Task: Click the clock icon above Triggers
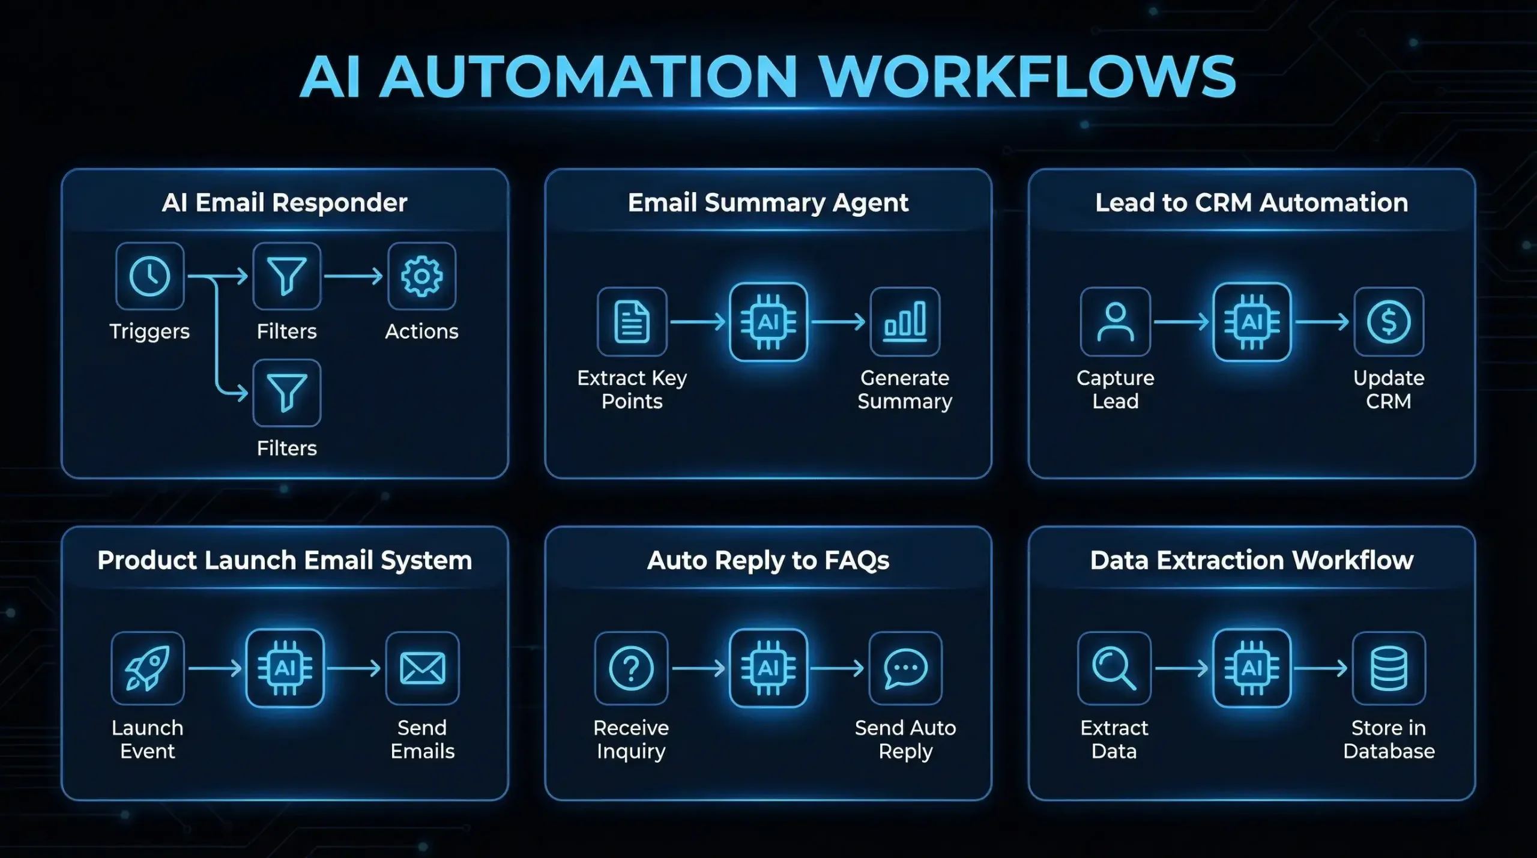tap(149, 276)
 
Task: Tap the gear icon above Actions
tap(421, 276)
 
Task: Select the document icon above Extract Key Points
tap(632, 322)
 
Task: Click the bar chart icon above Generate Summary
tap(905, 322)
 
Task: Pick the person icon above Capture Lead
tap(1115, 322)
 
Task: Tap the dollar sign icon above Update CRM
tap(1388, 322)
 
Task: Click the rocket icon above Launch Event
tap(148, 668)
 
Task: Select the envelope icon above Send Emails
tap(422, 668)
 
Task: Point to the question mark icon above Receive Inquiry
tap(631, 668)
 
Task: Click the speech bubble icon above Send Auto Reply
tap(905, 668)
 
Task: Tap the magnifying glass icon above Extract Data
tap(1114, 668)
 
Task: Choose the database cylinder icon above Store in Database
tap(1389, 668)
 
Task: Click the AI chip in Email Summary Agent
tap(768, 322)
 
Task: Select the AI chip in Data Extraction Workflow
tap(1252, 668)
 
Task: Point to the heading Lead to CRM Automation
tap(1252, 203)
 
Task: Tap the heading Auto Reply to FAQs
tap(768, 560)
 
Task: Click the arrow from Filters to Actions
tap(353, 276)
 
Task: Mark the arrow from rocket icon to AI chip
tap(215, 668)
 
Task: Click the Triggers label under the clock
tap(149, 331)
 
